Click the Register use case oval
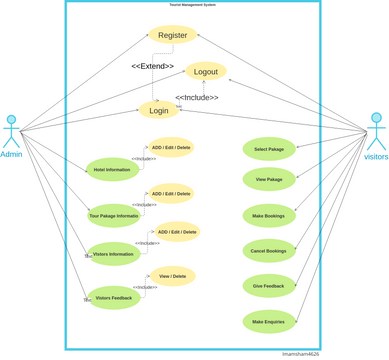tap(173, 35)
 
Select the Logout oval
tap(206, 72)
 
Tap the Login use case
tap(159, 110)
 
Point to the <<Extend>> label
tap(153, 66)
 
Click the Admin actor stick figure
tap(11, 133)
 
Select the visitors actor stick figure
tap(376, 132)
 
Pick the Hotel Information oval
tap(112, 170)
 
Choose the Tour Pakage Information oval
tap(114, 215)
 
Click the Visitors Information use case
tap(113, 254)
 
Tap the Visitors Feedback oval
tap(113, 298)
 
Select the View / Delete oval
tap(171, 276)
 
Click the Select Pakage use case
tap(269, 149)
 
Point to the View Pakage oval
tap(269, 180)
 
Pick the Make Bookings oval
tap(269, 215)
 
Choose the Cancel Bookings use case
tap(269, 251)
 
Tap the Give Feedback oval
tap(269, 286)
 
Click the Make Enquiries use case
tap(269, 322)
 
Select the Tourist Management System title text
tap(193, 4)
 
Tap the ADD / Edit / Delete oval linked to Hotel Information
tap(171, 147)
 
